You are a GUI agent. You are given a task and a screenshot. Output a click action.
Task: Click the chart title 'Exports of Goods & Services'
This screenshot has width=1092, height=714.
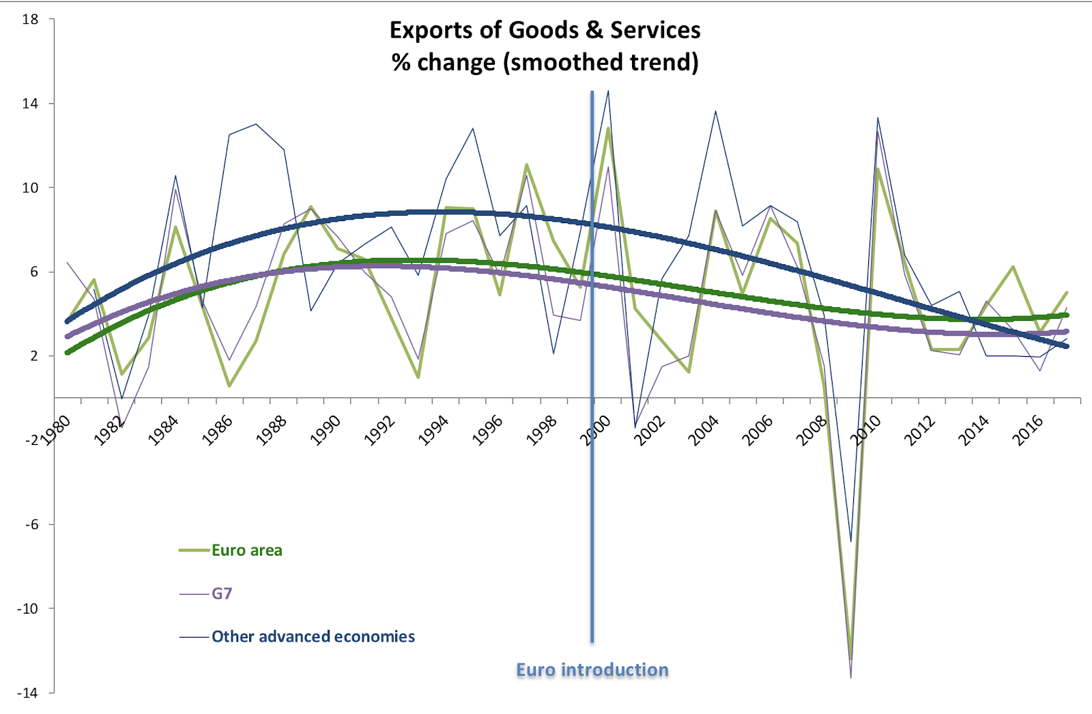545,31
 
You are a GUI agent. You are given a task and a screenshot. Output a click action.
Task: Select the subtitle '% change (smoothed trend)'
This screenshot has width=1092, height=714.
545,62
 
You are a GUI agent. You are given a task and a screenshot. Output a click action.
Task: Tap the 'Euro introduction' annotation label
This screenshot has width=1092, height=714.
592,670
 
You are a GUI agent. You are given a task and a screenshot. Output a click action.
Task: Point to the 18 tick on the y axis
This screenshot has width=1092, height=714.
30,19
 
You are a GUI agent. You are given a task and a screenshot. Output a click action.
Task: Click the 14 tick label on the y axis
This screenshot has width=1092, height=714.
30,104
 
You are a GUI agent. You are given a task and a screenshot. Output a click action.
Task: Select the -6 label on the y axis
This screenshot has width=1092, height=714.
31,524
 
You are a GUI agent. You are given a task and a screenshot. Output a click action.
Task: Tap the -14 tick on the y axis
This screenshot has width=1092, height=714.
28,692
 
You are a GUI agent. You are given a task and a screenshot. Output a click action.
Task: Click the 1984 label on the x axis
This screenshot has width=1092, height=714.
163,431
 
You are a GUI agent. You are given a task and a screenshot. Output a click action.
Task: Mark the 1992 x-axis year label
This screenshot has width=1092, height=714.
379,431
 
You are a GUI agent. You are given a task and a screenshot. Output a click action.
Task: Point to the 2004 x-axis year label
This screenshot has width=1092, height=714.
704,431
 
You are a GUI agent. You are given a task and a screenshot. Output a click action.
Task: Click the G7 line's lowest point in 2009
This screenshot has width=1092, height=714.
851,677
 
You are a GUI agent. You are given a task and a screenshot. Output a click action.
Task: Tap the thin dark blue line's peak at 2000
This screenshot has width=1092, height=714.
608,91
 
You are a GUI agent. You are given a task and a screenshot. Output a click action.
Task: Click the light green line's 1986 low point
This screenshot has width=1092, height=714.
229,386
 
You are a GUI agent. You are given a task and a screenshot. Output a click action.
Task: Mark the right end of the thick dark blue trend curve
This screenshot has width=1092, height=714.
1067,346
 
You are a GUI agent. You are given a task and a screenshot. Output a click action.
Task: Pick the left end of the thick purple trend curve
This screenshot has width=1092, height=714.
67,337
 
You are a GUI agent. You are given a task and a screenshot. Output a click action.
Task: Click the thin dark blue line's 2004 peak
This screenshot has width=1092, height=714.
716,111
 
